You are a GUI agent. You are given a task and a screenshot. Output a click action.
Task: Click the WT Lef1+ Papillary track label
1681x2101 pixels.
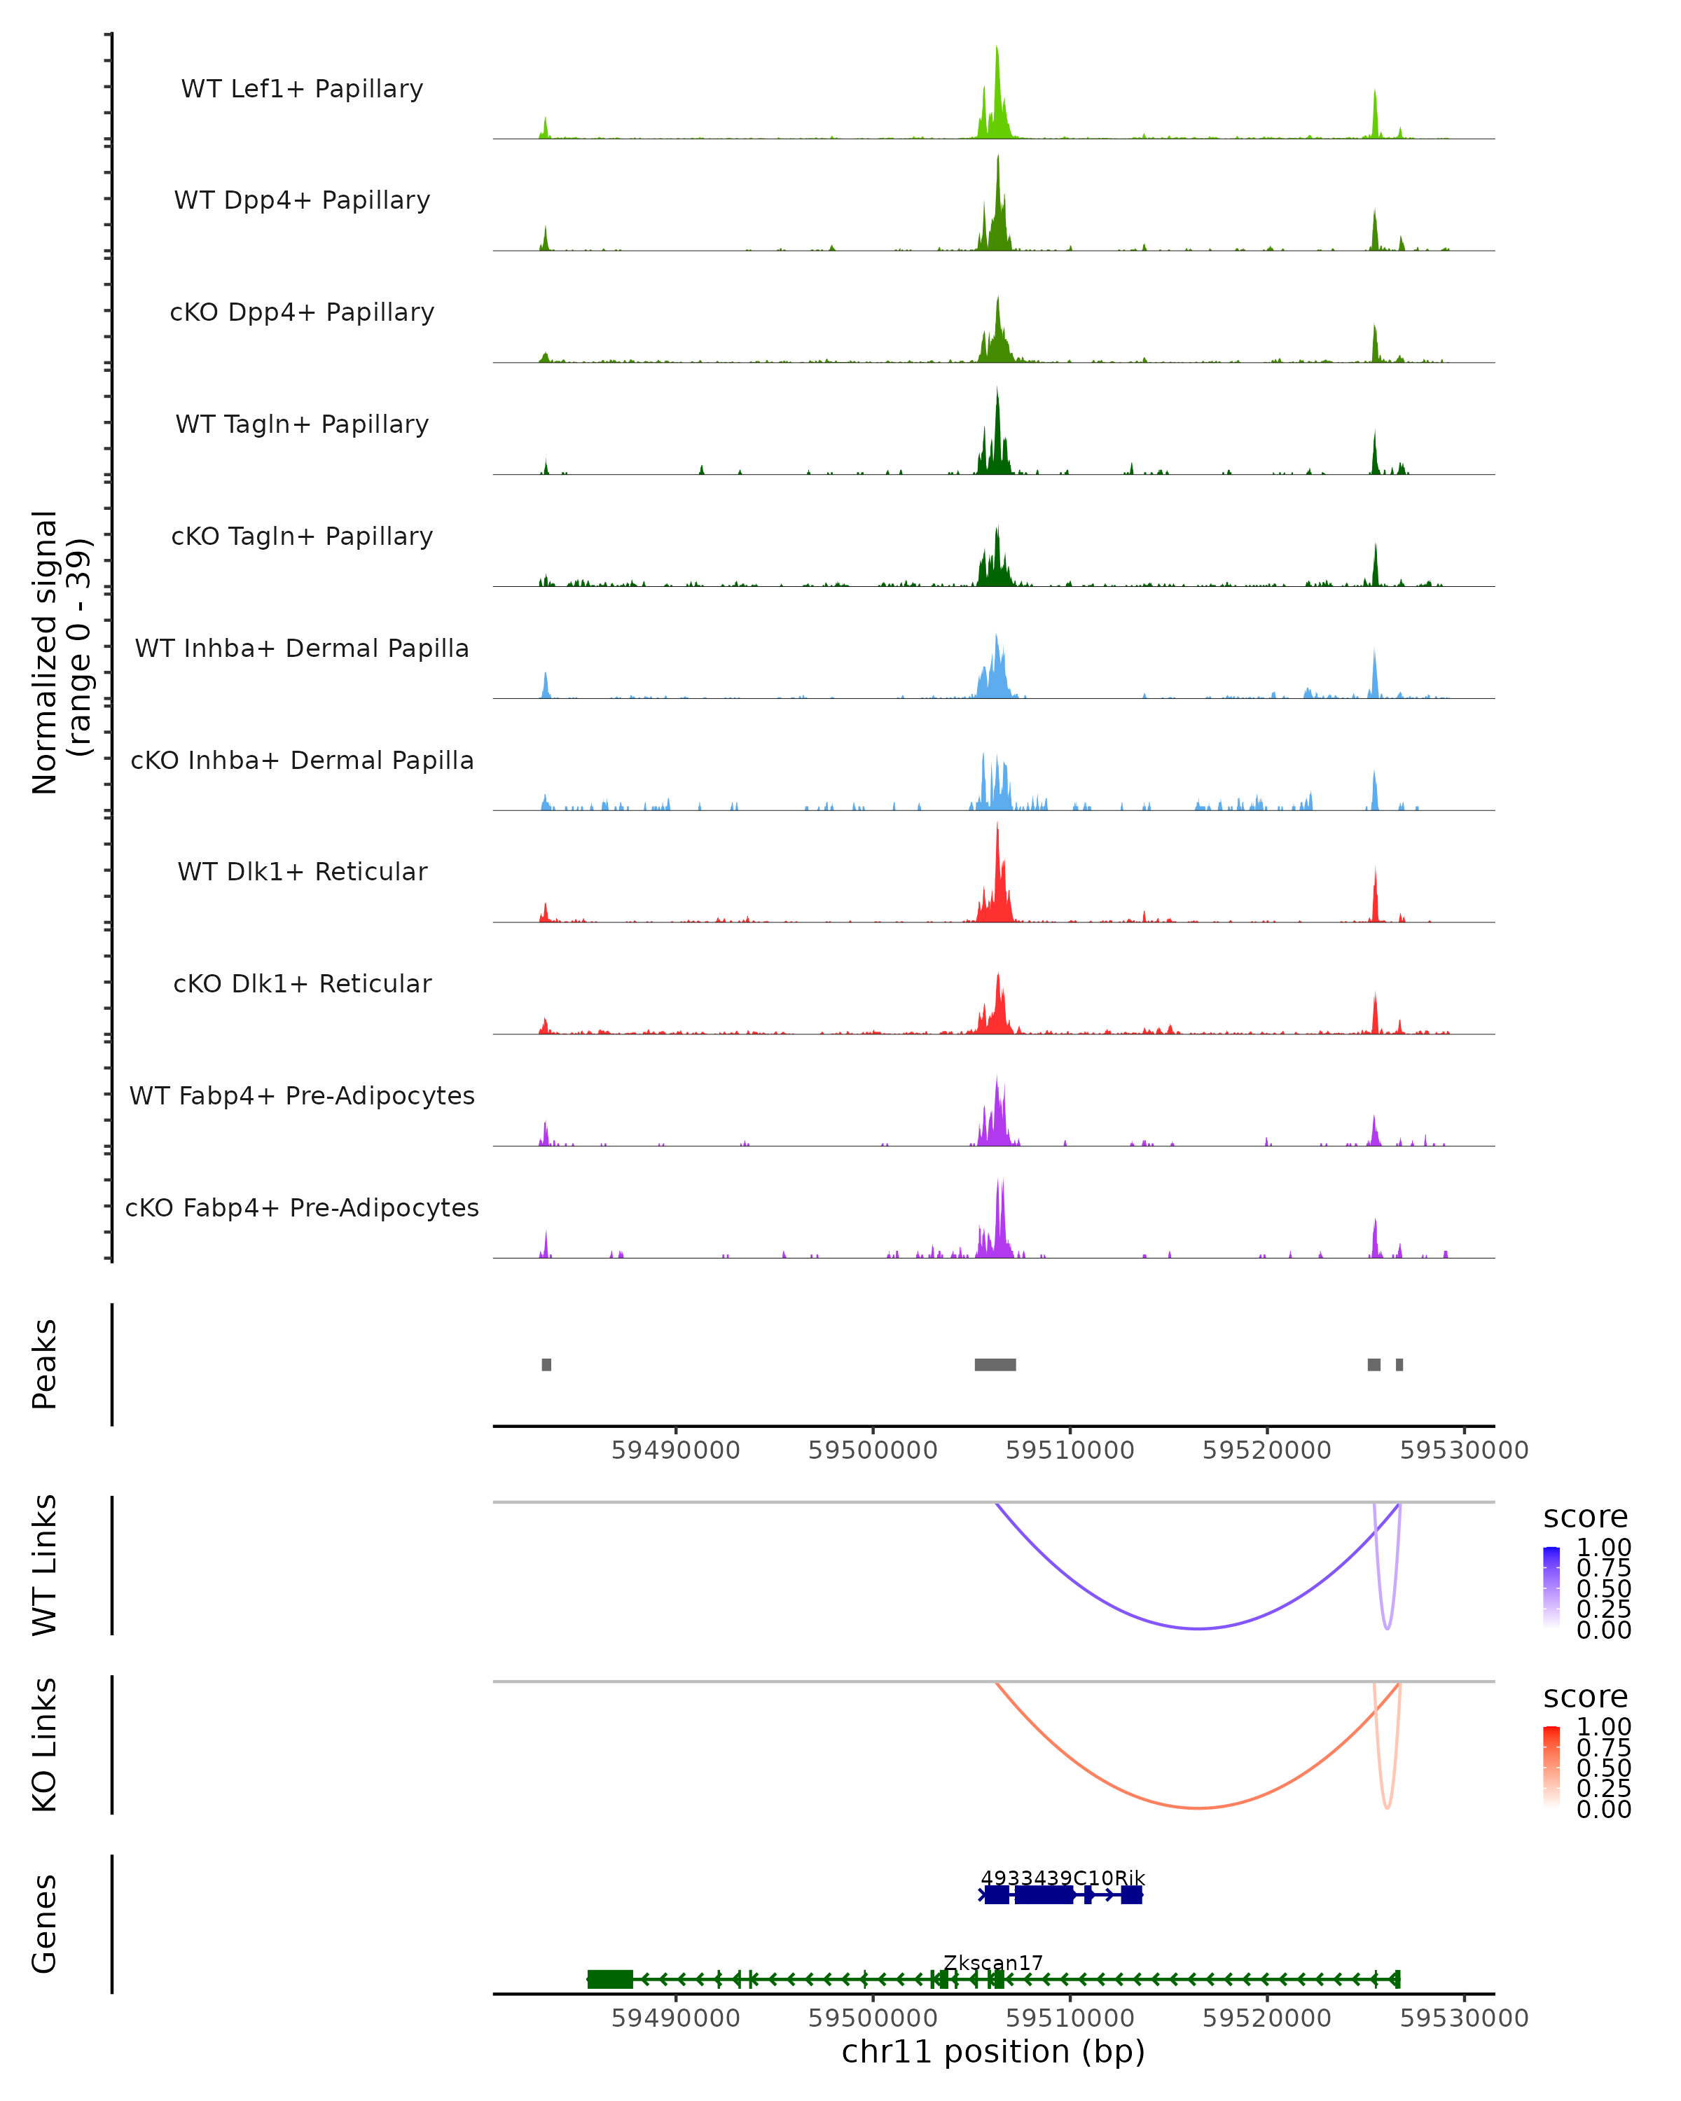(x=302, y=89)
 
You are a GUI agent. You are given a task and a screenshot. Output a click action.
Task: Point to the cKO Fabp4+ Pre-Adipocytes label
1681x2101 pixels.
(x=302, y=1207)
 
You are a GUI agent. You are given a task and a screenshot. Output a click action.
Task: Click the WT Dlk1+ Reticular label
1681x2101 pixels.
(x=302, y=871)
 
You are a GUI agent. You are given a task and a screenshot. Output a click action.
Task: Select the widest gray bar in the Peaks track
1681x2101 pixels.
(x=995, y=1364)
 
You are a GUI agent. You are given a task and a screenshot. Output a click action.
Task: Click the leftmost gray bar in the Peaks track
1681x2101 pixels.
(x=547, y=1364)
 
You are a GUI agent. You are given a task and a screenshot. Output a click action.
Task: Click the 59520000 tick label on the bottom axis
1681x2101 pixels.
(x=1267, y=2017)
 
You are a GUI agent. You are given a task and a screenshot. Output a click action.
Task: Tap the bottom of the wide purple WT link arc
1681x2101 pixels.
(x=1198, y=1628)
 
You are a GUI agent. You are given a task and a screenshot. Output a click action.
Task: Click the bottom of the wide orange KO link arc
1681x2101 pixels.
(x=1198, y=1808)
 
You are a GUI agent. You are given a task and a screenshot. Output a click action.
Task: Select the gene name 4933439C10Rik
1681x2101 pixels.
(x=1063, y=1878)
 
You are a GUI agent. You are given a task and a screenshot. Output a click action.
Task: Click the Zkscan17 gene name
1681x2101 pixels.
(x=993, y=1962)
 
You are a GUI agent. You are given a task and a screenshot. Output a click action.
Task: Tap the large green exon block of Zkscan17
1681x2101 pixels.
(x=610, y=1979)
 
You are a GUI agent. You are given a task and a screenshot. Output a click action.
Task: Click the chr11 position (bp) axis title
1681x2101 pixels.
(x=993, y=2052)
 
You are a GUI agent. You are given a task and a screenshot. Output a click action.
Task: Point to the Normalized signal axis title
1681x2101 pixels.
(x=60, y=653)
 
